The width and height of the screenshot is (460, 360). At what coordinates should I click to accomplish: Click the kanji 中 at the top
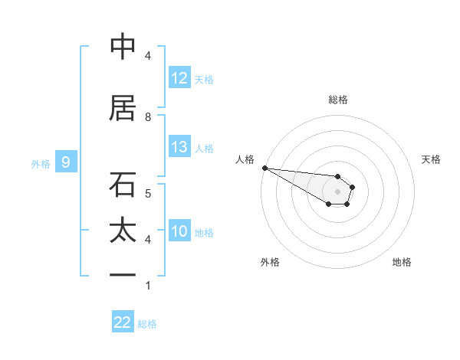[x=123, y=47]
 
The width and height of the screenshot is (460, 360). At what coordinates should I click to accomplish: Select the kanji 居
[x=123, y=109]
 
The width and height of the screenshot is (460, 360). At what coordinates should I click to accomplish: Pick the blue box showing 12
[x=179, y=78]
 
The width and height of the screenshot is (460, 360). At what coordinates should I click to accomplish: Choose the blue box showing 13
[x=179, y=147]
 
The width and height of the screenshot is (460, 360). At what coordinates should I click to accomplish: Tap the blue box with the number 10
[x=179, y=231]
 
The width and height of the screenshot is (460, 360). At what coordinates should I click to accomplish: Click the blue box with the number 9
[x=66, y=162]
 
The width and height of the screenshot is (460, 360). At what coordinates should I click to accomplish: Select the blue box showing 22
[x=123, y=322]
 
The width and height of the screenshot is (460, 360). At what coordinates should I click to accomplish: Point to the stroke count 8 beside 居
[x=148, y=116]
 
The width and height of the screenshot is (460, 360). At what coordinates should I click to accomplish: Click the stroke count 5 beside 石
[x=148, y=193]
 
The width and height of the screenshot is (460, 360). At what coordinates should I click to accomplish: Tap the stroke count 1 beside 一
[x=148, y=286]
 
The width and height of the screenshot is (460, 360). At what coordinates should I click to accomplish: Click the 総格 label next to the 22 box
[x=147, y=324]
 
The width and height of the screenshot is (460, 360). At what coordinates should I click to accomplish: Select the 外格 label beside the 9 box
[x=41, y=163]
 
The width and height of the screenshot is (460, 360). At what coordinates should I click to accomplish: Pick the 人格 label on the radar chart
[x=245, y=159]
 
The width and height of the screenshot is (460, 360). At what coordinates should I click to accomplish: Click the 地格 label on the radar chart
[x=402, y=262]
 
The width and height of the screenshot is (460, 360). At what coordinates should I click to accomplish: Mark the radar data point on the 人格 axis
[x=264, y=168]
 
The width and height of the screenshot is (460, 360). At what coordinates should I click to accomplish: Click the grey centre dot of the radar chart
[x=337, y=191]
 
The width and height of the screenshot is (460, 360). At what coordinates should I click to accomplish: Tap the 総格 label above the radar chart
[x=337, y=100]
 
